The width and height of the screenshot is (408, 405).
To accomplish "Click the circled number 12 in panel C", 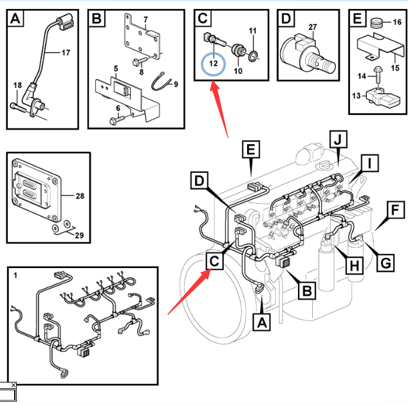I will pyautogui.click(x=213, y=65).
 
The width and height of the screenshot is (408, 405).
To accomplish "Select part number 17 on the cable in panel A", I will pyautogui.click(x=66, y=53).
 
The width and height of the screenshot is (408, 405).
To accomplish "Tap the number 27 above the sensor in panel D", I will pyautogui.click(x=313, y=27).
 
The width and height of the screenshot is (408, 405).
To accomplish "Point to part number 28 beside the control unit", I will pyautogui.click(x=79, y=195).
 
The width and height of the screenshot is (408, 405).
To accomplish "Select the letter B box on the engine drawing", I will pyautogui.click(x=308, y=291).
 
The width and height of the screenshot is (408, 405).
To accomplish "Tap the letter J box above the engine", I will pyautogui.click(x=337, y=138).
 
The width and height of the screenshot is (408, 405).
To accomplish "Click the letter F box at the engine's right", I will pyautogui.click(x=394, y=211).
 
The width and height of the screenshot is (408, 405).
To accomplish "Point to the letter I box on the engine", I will pyautogui.click(x=369, y=164).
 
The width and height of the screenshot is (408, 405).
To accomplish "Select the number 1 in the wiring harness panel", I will pyautogui.click(x=15, y=276).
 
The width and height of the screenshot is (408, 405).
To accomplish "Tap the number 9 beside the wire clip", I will pyautogui.click(x=176, y=84).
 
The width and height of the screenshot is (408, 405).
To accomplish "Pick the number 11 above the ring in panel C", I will pyautogui.click(x=252, y=31).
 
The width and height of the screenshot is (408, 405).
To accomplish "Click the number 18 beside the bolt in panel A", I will pyautogui.click(x=17, y=85).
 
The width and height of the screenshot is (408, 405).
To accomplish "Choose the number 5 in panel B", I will pyautogui.click(x=116, y=68).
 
